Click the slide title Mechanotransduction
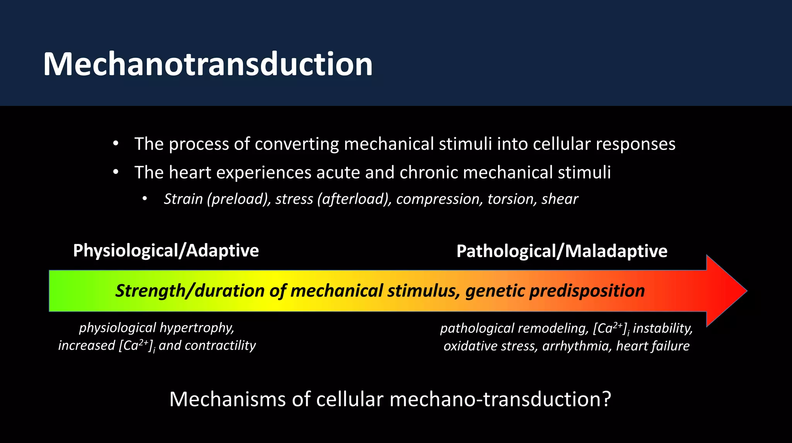[208, 64]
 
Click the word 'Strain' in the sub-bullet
[183, 199]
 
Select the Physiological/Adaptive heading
[166, 250]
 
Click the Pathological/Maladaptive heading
[562, 251]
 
